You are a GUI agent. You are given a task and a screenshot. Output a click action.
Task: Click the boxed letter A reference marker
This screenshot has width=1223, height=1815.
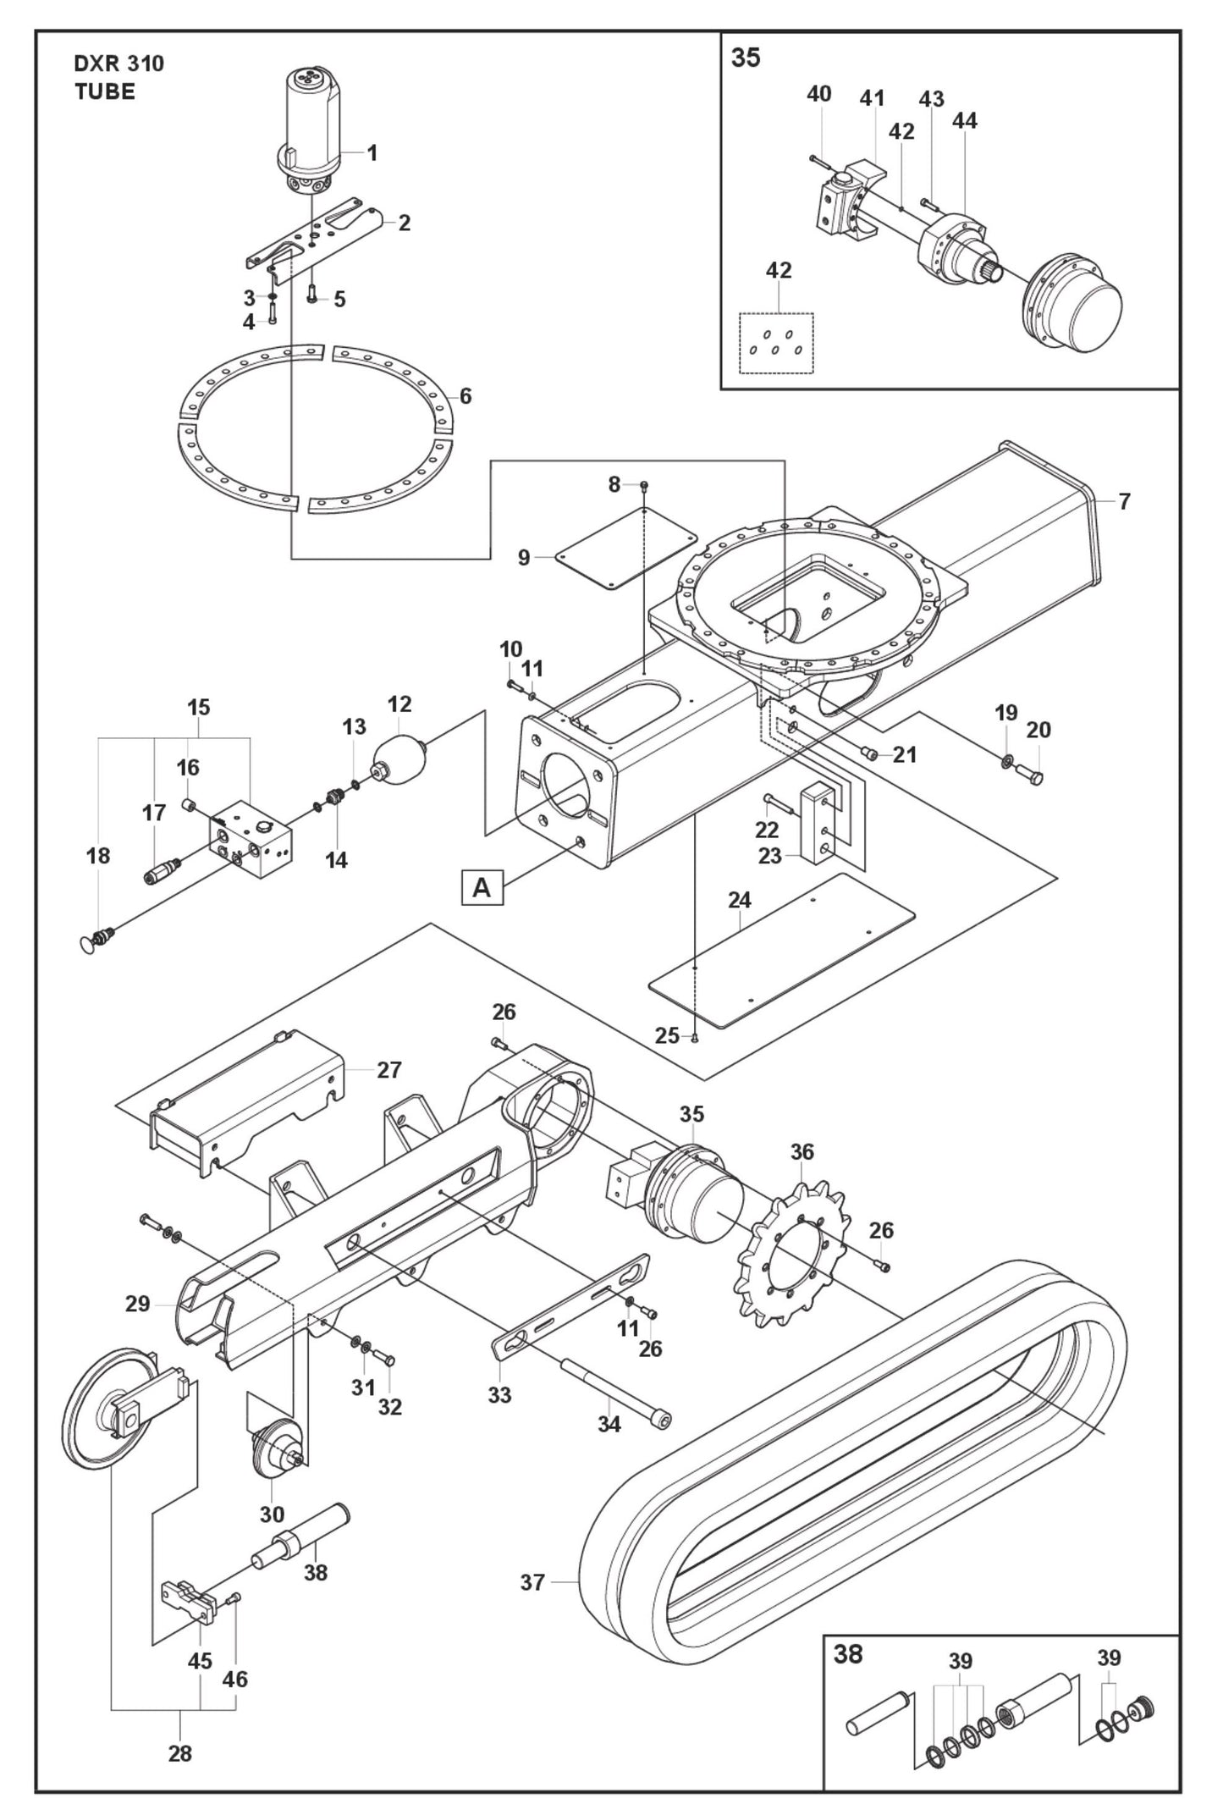[x=482, y=888]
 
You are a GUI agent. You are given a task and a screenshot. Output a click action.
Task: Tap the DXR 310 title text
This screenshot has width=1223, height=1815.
[x=118, y=63]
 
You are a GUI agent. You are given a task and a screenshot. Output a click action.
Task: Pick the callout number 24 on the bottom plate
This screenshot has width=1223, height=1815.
[x=739, y=900]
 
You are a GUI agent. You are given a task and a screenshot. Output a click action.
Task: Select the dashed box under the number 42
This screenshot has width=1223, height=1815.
[x=776, y=343]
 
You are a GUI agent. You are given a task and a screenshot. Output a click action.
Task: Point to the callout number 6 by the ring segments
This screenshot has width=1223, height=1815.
[x=465, y=395]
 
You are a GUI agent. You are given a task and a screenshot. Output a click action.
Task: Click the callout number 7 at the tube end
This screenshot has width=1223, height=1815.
[x=1123, y=501]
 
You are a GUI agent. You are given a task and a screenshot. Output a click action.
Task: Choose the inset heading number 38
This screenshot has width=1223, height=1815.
[x=848, y=1654]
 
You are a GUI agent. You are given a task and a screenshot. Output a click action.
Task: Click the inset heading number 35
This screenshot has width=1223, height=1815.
[x=746, y=58]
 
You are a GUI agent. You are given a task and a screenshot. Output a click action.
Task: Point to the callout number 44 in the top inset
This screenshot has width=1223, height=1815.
[x=964, y=121]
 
